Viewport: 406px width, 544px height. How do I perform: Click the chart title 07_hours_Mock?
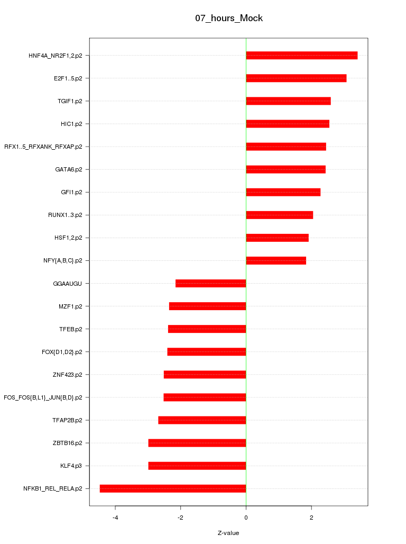pos(229,18)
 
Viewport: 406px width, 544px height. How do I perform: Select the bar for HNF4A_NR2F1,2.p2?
pos(301,56)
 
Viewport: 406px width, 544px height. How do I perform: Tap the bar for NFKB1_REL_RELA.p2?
pos(173,488)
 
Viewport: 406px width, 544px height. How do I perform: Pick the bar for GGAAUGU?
pos(210,284)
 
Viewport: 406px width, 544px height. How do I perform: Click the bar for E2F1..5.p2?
pos(296,78)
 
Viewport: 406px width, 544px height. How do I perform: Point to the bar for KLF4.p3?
pos(197,466)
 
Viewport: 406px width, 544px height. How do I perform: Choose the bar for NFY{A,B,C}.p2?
pos(276,261)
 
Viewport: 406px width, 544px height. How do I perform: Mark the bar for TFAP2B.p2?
pos(202,420)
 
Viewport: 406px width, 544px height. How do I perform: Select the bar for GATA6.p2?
pos(285,169)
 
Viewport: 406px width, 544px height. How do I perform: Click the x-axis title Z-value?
pos(228,533)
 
